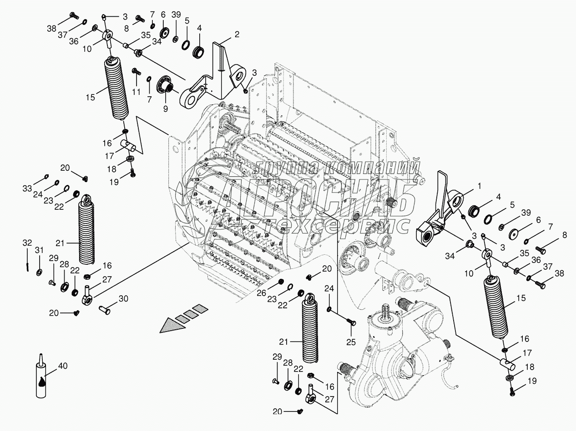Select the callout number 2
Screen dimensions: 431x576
click(237, 35)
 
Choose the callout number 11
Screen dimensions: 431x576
click(136, 92)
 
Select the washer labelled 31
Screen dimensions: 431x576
click(40, 272)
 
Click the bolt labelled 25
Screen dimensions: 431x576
click(351, 322)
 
